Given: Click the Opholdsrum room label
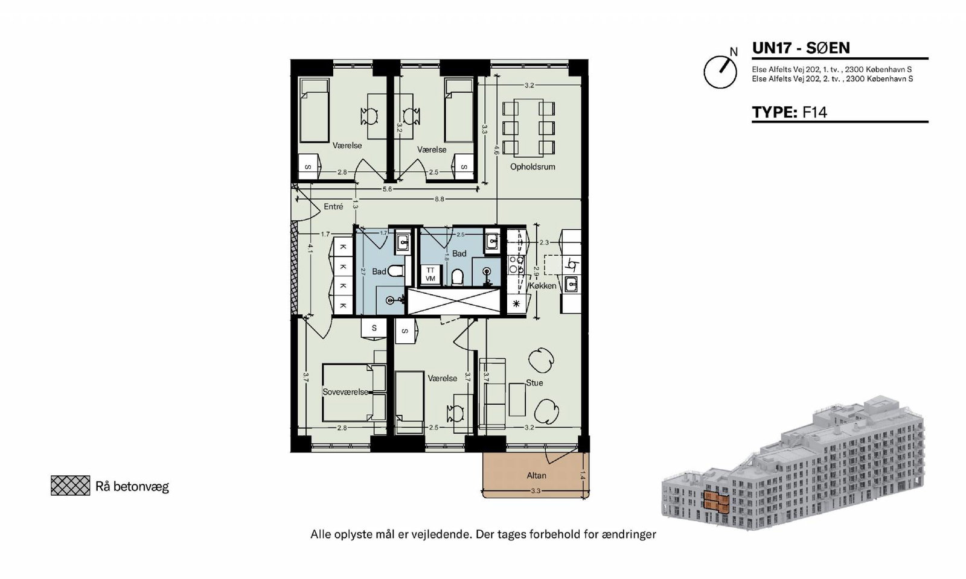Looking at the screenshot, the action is click(533, 166).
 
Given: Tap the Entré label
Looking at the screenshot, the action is click(333, 207).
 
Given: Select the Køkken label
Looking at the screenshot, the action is click(543, 286).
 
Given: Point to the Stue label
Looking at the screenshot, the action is click(534, 382).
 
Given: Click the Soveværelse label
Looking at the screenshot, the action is click(345, 392).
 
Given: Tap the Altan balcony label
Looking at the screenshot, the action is click(537, 476).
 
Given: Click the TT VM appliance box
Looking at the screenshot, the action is click(430, 274).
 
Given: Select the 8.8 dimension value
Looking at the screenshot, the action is click(439, 199).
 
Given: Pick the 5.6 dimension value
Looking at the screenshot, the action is click(387, 189).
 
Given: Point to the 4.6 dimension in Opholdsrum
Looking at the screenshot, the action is click(496, 150).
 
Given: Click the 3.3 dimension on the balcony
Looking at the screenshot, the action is click(535, 491).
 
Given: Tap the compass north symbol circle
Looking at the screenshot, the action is click(720, 72).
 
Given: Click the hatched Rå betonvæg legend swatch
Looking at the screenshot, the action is click(70, 486).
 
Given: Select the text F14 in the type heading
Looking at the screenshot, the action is click(814, 112).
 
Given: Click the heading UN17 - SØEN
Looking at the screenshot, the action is click(801, 48).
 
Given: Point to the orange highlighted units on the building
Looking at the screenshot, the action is click(716, 502).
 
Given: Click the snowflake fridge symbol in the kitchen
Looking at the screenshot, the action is click(516, 304).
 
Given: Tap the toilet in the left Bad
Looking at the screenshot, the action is click(395, 271).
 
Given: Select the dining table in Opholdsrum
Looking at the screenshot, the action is click(528, 127).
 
